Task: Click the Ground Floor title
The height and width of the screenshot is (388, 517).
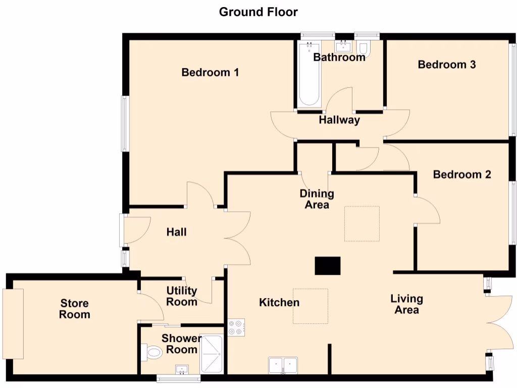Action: [x=258, y=12]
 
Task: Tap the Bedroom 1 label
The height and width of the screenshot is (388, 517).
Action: [x=210, y=73]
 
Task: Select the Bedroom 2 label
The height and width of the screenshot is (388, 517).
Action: [x=462, y=175]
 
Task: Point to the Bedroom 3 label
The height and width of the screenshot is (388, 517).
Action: [x=447, y=65]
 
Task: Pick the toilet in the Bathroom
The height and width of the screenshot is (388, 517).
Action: [x=364, y=48]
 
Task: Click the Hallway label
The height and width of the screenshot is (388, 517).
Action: [x=339, y=120]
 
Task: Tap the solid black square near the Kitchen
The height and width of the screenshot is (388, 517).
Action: [x=328, y=266]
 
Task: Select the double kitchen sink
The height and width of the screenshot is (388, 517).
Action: [x=283, y=365]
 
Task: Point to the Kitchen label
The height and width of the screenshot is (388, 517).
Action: [x=279, y=303]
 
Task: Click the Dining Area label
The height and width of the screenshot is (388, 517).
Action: [x=317, y=199]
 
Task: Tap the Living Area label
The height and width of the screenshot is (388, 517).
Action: [x=406, y=304]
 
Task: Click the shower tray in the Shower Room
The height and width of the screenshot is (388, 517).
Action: [x=212, y=353]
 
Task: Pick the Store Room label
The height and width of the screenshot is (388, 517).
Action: [x=75, y=309]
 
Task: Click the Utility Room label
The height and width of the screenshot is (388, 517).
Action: [x=182, y=297]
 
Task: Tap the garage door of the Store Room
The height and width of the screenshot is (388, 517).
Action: [x=13, y=323]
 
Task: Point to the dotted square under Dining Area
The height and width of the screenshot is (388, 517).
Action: [x=362, y=223]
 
